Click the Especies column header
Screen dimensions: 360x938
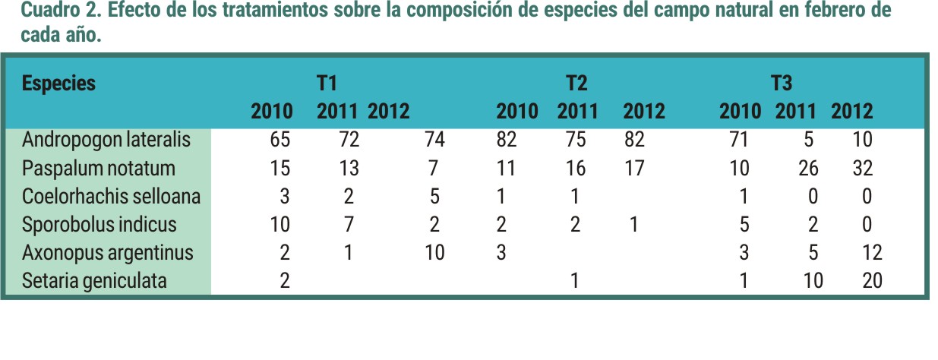[59, 83]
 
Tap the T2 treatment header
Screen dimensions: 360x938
[576, 83]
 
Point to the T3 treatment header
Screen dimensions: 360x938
[781, 83]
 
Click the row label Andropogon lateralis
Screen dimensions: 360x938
[106, 140]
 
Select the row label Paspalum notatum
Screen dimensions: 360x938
[99, 168]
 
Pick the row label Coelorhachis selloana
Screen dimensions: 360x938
[111, 196]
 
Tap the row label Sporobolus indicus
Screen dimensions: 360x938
[99, 225]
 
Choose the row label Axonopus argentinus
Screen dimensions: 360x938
[108, 253]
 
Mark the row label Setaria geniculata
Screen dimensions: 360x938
[94, 281]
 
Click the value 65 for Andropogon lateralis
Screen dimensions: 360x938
[280, 140]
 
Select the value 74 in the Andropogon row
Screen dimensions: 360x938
[434, 140]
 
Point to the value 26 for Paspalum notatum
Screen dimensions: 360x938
[808, 168]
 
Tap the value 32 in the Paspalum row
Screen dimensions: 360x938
[862, 168]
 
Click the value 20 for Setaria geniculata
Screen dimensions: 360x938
[873, 281]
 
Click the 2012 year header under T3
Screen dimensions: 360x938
[852, 112]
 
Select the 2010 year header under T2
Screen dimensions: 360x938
[517, 112]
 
